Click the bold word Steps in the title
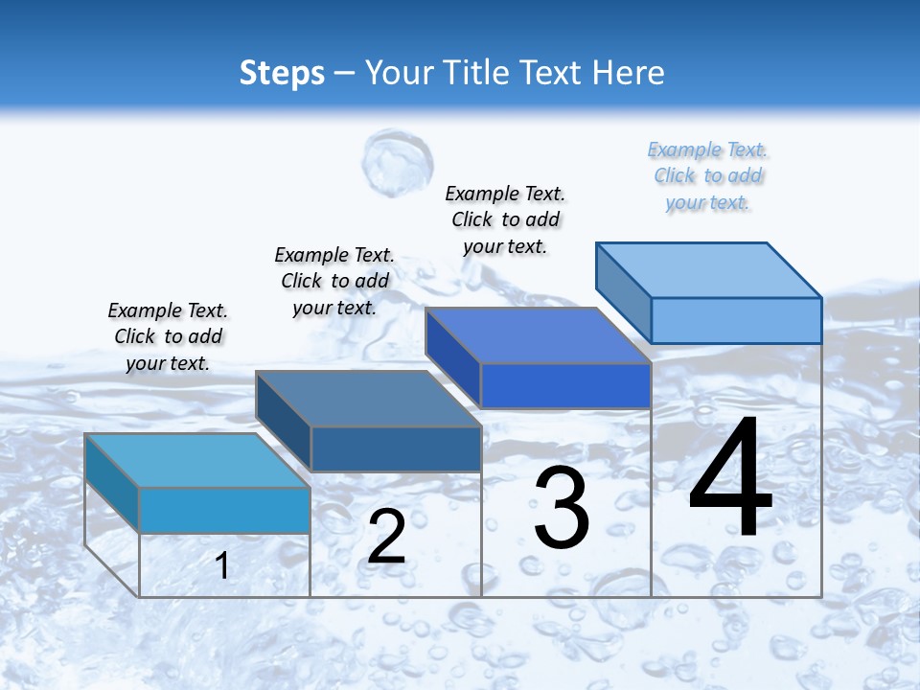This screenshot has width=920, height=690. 282,73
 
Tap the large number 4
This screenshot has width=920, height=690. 730,479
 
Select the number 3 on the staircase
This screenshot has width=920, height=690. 561,508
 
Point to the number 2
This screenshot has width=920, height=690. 386,537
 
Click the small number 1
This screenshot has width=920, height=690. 222,565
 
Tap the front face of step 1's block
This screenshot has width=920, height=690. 224,510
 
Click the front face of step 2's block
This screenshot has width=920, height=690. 396,448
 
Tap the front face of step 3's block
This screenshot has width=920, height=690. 565,385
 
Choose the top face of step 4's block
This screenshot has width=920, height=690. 709,269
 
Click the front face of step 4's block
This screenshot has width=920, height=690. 736,320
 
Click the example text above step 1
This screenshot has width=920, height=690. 168,336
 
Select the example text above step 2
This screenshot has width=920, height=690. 334,281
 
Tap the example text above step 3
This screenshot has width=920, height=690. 505,219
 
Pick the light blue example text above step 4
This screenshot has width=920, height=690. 707,175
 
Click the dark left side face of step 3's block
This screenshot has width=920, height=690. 452,356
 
